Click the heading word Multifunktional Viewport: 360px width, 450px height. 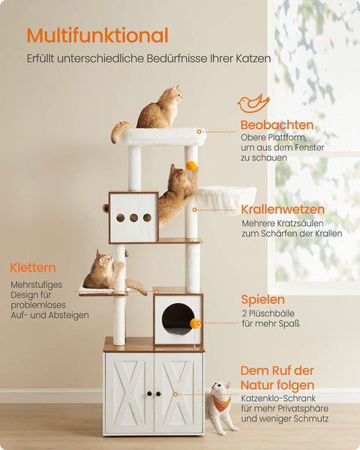(x=97, y=35)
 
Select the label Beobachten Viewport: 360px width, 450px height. (x=277, y=124)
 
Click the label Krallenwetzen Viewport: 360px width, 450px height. (x=283, y=209)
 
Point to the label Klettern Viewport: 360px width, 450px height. (x=33, y=268)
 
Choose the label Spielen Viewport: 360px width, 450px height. (x=262, y=299)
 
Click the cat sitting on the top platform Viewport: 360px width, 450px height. (x=160, y=109)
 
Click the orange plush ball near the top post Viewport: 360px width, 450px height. (x=191, y=166)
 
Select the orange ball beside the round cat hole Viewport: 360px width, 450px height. (x=195, y=323)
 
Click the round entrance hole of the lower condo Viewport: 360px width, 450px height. (x=177, y=319)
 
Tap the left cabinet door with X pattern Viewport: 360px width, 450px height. (x=130, y=393)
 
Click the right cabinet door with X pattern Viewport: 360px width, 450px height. (x=178, y=393)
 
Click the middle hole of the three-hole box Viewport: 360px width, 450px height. (x=133, y=217)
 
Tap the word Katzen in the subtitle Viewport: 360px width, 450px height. (x=252, y=58)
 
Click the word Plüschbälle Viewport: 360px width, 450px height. (x=275, y=313)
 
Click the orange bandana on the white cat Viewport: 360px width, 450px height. (x=219, y=403)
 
